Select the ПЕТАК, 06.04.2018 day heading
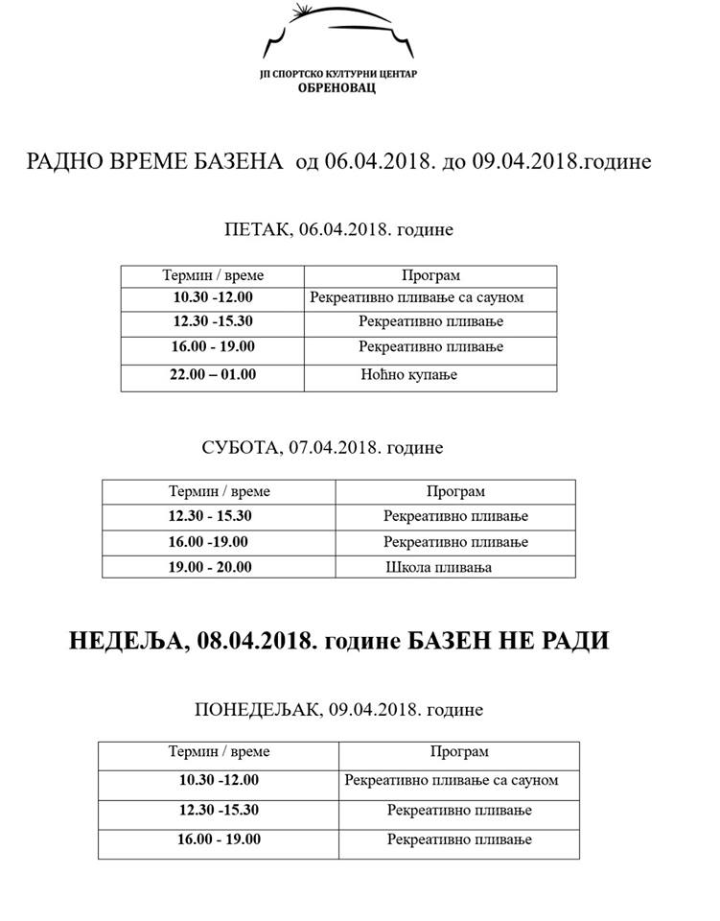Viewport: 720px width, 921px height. tap(337, 230)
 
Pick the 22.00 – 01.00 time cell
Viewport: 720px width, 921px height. tap(213, 374)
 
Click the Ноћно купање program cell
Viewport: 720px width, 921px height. tap(409, 374)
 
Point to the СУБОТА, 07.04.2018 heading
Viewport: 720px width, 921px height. tap(323, 448)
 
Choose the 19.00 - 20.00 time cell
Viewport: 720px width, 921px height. tap(209, 567)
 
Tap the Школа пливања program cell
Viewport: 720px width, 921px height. tap(438, 567)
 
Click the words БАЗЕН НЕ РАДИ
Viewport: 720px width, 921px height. tap(510, 641)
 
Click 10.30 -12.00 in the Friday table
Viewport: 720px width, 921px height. tap(213, 297)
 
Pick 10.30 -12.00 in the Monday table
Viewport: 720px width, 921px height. tap(219, 780)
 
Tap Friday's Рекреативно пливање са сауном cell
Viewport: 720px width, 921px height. tap(416, 297)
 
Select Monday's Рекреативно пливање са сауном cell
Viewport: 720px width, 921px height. tap(451, 780)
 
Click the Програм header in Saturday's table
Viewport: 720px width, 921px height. tap(455, 491)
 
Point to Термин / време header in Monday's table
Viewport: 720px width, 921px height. tap(219, 752)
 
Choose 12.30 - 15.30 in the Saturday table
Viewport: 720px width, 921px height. tap(209, 516)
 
